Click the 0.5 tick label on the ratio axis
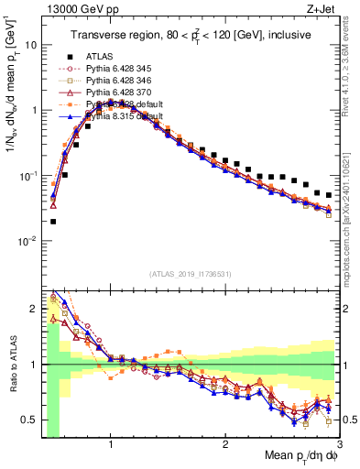pos(31,420)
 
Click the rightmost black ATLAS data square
pos(329,195)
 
